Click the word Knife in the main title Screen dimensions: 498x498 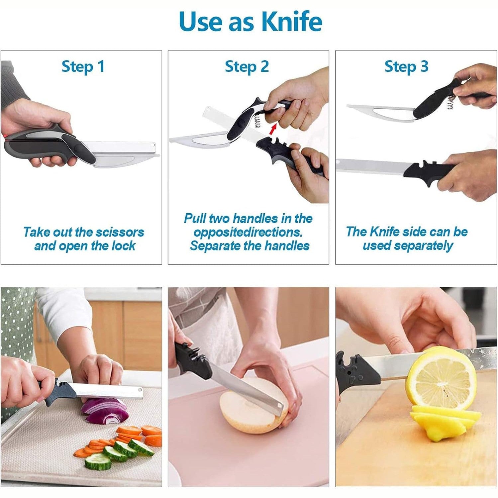[x=292, y=22]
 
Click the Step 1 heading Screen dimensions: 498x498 [x=83, y=66]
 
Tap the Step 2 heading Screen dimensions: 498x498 [x=247, y=66]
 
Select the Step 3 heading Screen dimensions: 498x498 [x=406, y=66]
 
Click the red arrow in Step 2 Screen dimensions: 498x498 [x=273, y=129]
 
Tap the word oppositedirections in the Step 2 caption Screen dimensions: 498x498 [x=248, y=232]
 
